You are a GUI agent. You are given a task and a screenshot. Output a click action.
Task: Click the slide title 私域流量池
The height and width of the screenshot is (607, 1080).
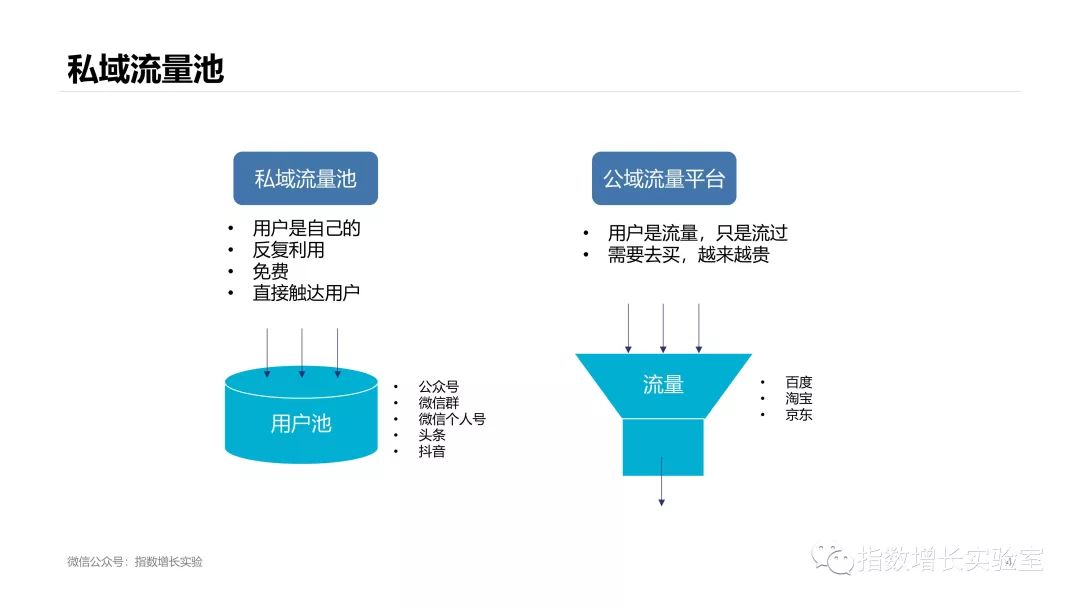pyautogui.click(x=145, y=68)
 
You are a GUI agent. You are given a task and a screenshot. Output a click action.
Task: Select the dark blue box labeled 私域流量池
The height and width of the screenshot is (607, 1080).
pyautogui.click(x=305, y=179)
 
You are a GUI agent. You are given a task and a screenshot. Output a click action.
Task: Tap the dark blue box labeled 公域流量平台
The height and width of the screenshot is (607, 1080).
pyautogui.click(x=663, y=179)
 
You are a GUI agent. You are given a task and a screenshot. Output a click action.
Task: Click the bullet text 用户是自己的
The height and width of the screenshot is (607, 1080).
pyautogui.click(x=306, y=228)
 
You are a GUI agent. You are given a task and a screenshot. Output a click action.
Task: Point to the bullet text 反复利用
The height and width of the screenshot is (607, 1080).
pyautogui.click(x=288, y=250)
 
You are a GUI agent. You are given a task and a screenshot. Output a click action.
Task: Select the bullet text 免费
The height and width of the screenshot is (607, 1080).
pyautogui.click(x=270, y=271)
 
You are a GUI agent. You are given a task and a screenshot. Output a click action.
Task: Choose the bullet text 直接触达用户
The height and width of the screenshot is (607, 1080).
pyautogui.click(x=306, y=293)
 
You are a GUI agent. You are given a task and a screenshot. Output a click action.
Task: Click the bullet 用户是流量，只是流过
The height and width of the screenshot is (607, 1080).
pyautogui.click(x=697, y=233)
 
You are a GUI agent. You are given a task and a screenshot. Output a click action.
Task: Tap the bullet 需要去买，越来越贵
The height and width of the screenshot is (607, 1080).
pyautogui.click(x=688, y=255)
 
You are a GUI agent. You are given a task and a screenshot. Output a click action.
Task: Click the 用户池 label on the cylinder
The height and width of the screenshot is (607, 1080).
pyautogui.click(x=300, y=424)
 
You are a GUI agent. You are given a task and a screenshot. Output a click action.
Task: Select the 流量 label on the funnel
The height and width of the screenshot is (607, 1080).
pyautogui.click(x=663, y=384)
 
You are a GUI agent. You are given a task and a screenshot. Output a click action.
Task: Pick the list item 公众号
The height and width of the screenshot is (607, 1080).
pyautogui.click(x=438, y=387)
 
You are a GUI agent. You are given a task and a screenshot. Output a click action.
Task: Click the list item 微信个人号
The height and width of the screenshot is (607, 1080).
pyautogui.click(x=451, y=419)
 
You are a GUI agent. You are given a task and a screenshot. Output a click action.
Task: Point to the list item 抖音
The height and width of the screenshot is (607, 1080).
pyautogui.click(x=432, y=451)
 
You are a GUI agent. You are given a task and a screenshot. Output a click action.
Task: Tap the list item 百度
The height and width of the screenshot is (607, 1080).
pyautogui.click(x=798, y=382)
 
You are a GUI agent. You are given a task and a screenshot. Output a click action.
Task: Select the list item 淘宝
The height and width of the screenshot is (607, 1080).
pyautogui.click(x=798, y=398)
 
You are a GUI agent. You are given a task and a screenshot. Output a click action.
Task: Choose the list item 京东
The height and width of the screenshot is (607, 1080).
pyautogui.click(x=798, y=414)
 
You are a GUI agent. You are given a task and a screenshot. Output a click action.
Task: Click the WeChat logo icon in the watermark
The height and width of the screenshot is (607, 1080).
pyautogui.click(x=832, y=558)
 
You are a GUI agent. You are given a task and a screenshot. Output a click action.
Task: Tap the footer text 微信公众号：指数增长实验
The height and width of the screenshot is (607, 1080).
pyautogui.click(x=134, y=562)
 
